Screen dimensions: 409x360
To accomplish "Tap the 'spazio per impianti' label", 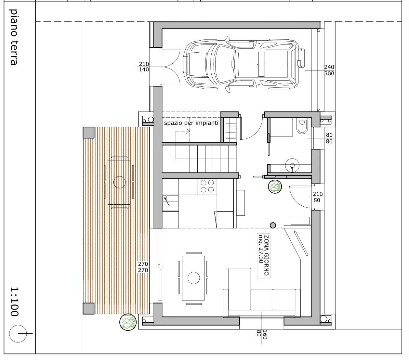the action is (191, 123).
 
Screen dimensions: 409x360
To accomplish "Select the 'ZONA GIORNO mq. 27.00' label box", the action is (263, 256).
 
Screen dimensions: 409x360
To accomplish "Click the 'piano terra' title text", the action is (14, 37).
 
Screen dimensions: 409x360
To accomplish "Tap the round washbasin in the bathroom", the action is (292, 165).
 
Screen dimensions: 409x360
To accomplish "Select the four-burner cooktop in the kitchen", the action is (207, 186).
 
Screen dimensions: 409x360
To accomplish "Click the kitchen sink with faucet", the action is (170, 203).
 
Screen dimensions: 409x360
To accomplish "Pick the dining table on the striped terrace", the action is (119, 182).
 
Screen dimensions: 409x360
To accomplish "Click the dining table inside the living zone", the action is (193, 278).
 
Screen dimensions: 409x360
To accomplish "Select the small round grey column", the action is (273, 225).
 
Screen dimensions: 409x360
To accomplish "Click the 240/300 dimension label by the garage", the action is (329, 70).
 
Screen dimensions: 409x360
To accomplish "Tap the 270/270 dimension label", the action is (143, 267).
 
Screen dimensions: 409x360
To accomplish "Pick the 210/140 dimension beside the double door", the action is (144, 67).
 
